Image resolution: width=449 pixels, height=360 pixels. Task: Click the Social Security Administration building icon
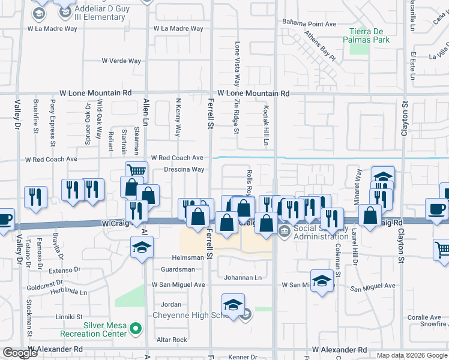(285, 231)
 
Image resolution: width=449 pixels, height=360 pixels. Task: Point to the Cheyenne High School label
(188, 316)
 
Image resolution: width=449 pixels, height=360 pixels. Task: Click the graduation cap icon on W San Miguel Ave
(322, 280)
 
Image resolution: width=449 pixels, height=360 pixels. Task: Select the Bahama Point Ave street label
(310, 24)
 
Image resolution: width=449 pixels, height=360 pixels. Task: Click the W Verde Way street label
(121, 61)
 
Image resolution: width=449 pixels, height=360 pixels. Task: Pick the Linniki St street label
(69, 316)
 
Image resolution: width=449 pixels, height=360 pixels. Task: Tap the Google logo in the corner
(20, 353)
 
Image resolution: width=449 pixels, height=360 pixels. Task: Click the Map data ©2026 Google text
(412, 355)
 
